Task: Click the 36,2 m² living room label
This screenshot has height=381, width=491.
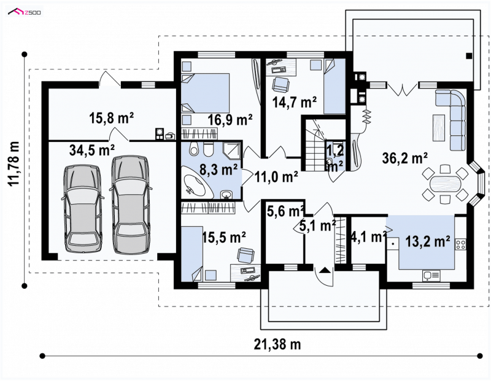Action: pos(405,158)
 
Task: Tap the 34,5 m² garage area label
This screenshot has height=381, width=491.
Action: pos(91,150)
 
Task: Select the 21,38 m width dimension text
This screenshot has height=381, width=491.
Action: pos(277,344)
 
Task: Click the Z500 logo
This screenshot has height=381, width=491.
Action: pos(25,12)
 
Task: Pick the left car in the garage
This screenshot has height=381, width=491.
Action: pos(83,208)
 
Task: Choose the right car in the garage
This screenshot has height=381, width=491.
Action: pos(130,205)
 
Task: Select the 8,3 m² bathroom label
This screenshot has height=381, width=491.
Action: pos(218,170)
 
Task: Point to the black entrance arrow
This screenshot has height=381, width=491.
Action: pos(325,270)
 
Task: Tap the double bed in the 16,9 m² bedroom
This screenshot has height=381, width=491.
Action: pos(206,93)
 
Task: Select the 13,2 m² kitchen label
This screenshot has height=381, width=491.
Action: pos(428,241)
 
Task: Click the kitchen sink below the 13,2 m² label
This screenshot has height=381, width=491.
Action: pos(431,276)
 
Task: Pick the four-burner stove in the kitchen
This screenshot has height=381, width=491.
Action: pos(460,245)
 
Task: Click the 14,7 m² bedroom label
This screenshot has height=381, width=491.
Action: pos(295,102)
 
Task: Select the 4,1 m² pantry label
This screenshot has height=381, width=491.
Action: pos(368,237)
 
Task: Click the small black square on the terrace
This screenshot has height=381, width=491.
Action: pos(469,56)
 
